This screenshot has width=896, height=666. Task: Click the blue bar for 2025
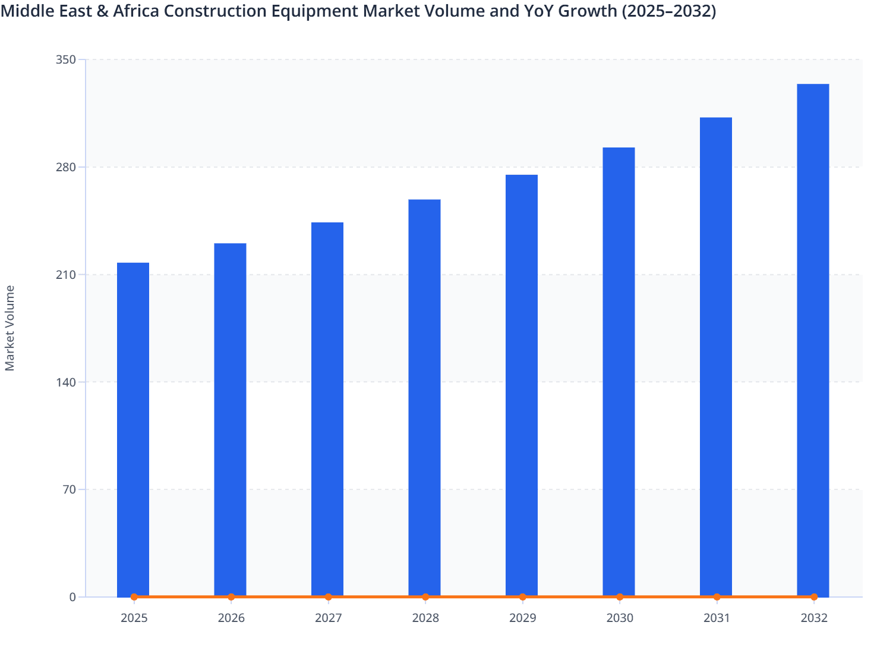click(133, 428)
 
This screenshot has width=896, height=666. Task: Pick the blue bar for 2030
click(619, 371)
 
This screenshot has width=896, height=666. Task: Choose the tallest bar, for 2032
click(813, 340)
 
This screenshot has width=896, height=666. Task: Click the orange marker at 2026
click(231, 596)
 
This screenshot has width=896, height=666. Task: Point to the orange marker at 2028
click(425, 596)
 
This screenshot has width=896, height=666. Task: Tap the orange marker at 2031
click(717, 596)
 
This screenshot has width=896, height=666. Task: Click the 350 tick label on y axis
click(66, 59)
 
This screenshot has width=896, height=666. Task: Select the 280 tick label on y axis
click(66, 167)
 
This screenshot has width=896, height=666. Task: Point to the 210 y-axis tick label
click(66, 275)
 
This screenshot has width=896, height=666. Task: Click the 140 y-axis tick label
click(66, 382)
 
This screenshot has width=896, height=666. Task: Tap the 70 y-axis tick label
click(69, 489)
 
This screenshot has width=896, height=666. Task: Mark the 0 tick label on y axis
click(72, 597)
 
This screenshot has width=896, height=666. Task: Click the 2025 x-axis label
click(134, 618)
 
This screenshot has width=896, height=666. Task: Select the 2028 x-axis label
click(425, 618)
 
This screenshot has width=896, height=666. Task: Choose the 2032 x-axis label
click(813, 618)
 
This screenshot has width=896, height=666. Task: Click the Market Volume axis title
click(10, 328)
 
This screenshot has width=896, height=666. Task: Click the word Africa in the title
click(127, 11)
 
